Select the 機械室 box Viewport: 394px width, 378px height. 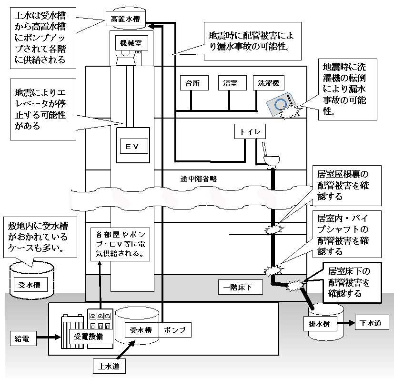coord(130,43)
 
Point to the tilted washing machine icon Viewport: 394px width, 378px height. coord(281,103)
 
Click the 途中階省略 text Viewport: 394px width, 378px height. coord(199,179)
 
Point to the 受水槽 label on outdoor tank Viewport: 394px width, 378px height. coord(30,286)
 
